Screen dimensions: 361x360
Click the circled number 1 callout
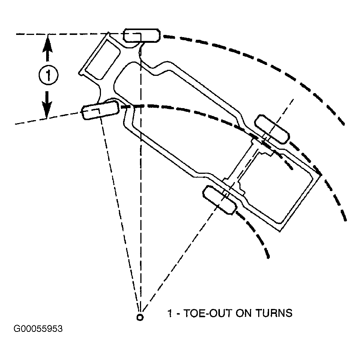(x=48, y=75)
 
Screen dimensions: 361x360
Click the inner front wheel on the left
(x=101, y=110)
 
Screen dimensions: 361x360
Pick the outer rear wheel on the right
(x=272, y=129)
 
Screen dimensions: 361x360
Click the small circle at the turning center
(x=140, y=317)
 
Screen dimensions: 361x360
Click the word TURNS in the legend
(x=274, y=313)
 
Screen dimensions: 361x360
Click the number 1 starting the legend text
(x=170, y=313)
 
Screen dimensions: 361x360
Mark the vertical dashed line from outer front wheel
(x=141, y=175)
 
